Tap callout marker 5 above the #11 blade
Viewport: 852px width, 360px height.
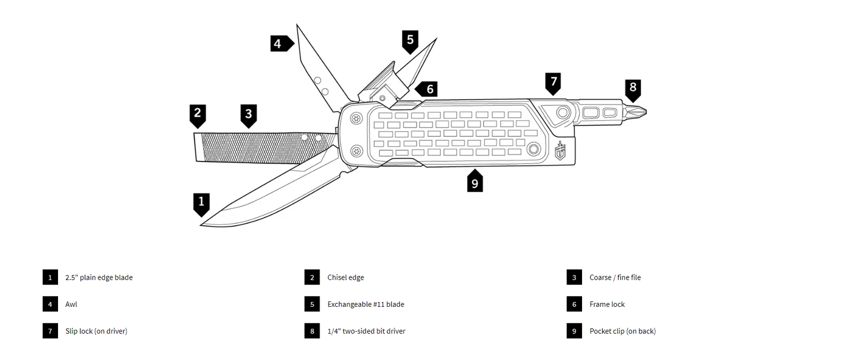tap(410, 41)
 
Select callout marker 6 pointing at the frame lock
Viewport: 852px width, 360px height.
tap(427, 89)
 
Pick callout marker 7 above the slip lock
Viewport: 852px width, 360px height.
tap(553, 83)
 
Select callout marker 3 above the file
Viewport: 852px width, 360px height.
tap(248, 116)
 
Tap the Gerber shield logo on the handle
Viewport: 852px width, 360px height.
tap(560, 151)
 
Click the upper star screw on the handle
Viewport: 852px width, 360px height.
tap(356, 119)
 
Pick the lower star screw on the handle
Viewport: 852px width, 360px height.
tap(356, 151)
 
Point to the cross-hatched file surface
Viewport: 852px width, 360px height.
tap(266, 148)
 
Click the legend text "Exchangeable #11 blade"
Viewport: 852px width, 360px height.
tap(366, 305)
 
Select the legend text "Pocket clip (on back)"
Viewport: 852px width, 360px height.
tap(622, 331)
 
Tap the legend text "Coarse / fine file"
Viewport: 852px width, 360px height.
tap(615, 277)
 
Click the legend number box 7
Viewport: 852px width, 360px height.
tap(50, 331)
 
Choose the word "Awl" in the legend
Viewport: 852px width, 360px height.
tap(71, 305)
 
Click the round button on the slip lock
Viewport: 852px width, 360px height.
tap(563, 113)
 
